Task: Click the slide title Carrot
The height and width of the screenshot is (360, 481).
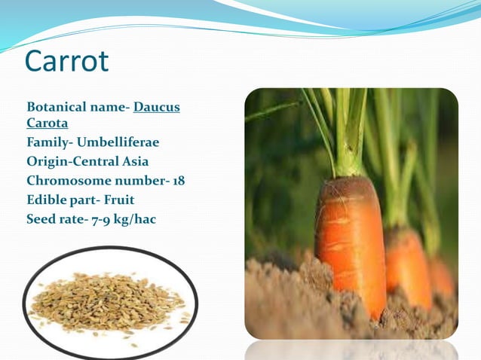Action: (67, 62)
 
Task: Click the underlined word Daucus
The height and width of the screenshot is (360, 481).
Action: (157, 107)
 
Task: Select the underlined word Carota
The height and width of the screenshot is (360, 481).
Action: (47, 123)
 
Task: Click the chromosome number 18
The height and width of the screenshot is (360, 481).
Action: (177, 181)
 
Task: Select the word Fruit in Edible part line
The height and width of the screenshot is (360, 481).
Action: (119, 200)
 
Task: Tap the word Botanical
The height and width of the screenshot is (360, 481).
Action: (57, 107)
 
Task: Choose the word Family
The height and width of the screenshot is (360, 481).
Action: (47, 142)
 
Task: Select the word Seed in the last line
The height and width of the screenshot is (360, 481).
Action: (40, 220)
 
